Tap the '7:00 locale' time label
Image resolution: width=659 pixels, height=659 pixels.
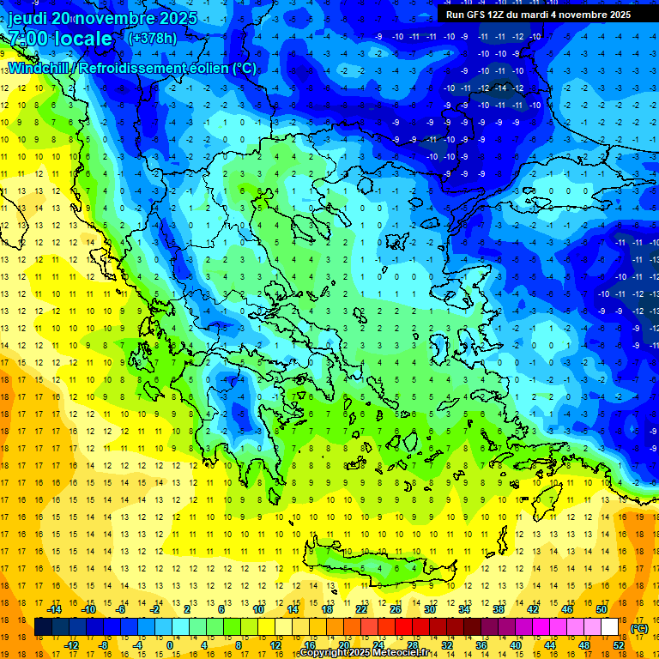coord(60,39)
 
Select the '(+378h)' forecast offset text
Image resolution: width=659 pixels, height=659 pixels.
coord(152,39)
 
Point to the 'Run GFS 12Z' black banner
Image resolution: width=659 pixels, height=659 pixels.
coord(538,15)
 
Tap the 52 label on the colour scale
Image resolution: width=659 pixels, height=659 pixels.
coord(619,645)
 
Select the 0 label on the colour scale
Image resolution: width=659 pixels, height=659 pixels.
coord(170,645)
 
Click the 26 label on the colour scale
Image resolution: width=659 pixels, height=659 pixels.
coord(396,608)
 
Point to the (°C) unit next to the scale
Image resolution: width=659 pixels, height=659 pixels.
coord(639,628)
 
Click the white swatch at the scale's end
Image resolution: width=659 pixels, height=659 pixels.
coord(610,627)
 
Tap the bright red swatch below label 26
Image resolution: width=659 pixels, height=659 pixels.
coord(404,627)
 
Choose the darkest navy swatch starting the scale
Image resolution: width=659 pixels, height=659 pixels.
coord(43,627)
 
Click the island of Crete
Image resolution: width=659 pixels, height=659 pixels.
coord(378,562)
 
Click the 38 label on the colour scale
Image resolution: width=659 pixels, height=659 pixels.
coord(498,608)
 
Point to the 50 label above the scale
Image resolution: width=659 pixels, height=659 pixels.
coord(601,608)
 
